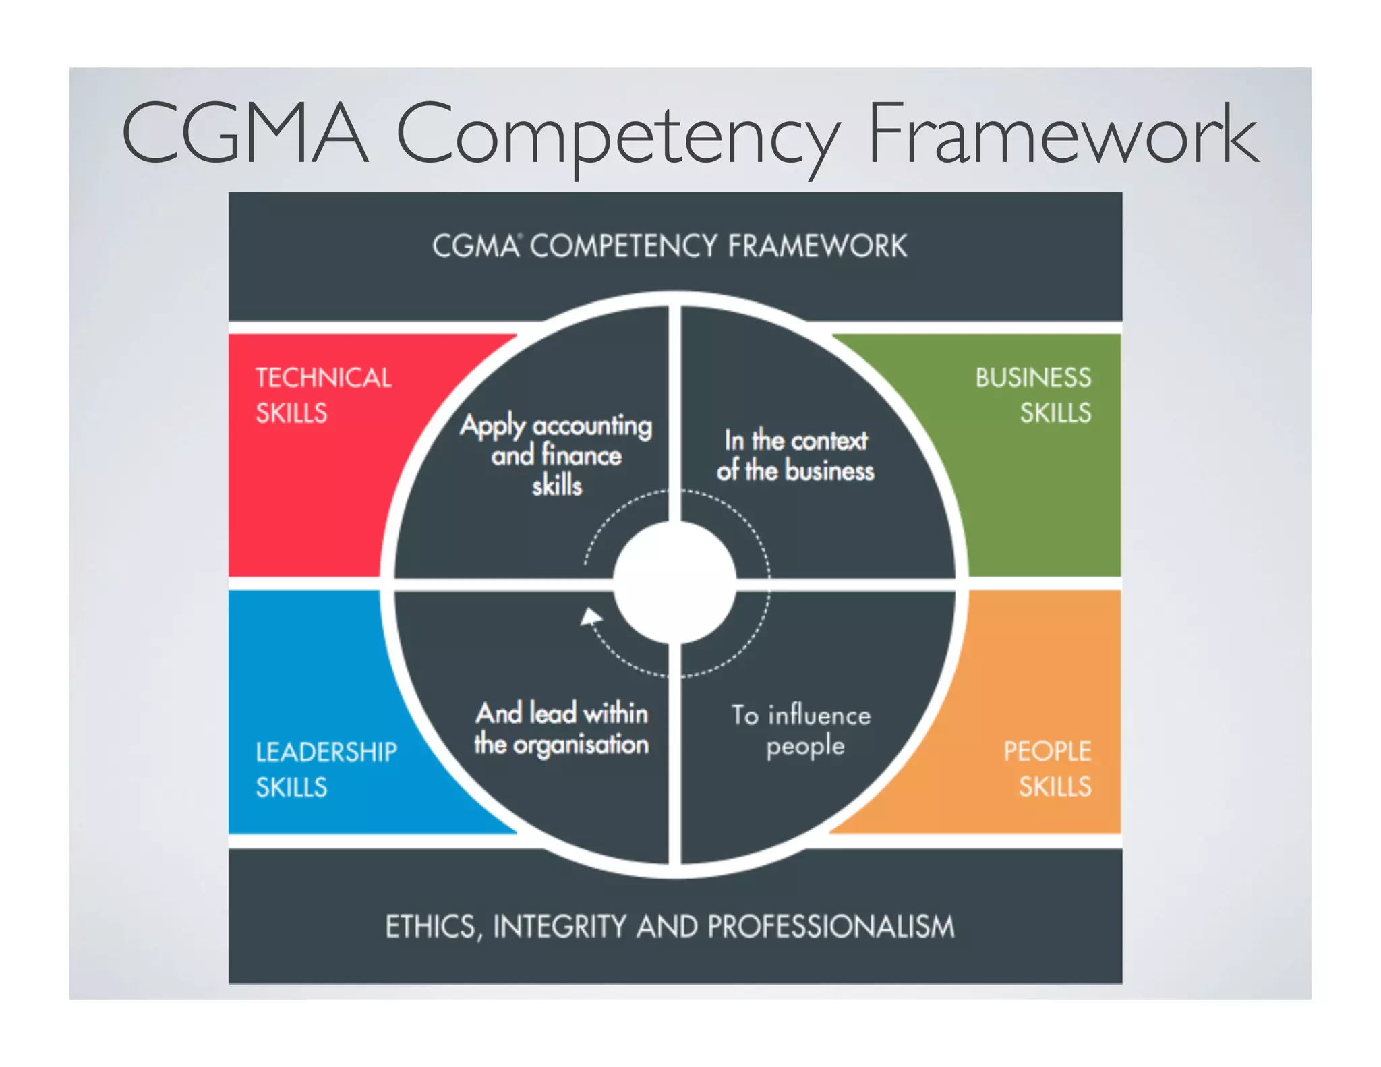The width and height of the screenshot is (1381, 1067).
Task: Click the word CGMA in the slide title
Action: [245, 133]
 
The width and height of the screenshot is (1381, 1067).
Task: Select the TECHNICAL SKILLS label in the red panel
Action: [323, 395]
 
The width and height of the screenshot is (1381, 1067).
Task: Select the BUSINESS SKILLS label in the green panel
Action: [1033, 395]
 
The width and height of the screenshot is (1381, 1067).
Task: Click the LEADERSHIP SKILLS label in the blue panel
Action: [326, 770]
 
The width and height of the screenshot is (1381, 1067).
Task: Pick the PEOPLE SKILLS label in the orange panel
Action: [1047, 769]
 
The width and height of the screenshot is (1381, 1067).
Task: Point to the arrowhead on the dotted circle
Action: [591, 617]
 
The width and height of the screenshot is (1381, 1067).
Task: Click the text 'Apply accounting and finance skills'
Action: [557, 455]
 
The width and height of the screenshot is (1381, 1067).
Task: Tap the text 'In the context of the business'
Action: [796, 455]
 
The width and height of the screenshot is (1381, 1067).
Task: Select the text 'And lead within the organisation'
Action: [561, 729]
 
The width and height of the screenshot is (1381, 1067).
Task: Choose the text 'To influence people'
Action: [802, 730]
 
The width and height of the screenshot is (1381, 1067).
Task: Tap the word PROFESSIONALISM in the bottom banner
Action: [830, 927]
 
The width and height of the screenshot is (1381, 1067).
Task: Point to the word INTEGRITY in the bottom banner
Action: [560, 927]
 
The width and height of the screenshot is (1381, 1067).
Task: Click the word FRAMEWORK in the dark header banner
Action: [817, 246]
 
